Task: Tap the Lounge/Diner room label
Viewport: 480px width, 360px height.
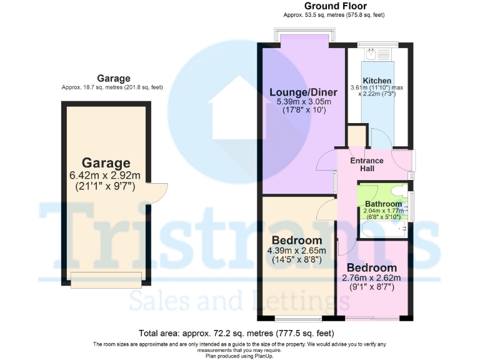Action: tap(300, 93)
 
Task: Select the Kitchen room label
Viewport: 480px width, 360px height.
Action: tap(378, 81)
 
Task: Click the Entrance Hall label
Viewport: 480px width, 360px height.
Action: tap(367, 165)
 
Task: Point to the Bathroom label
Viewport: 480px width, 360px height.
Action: tap(383, 204)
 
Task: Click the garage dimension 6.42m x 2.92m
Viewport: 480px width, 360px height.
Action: tap(105, 176)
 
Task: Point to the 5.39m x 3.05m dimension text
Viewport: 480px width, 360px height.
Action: tap(300, 102)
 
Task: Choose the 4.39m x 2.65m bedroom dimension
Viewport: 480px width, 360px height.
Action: tap(297, 251)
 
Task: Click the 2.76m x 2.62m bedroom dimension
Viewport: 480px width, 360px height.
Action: tap(371, 278)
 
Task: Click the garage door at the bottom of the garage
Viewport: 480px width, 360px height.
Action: tap(105, 281)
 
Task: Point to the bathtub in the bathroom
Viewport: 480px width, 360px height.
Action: tap(382, 229)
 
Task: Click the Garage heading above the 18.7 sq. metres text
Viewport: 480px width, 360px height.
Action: tap(112, 78)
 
